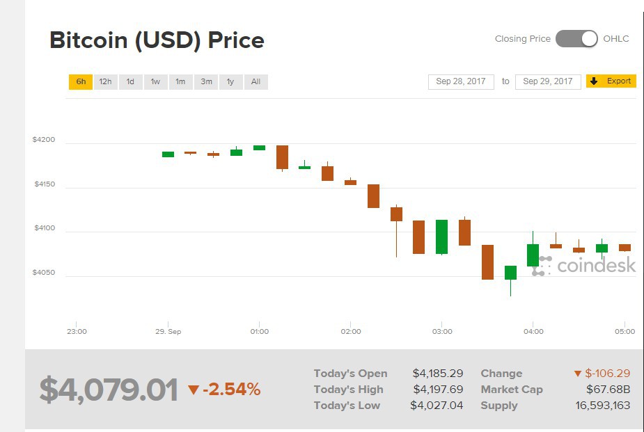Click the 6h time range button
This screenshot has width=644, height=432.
[81, 82]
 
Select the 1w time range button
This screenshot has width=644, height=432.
[155, 82]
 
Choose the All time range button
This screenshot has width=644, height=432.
[256, 82]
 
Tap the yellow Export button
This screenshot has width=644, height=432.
[611, 81]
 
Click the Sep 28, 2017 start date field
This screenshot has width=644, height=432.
[461, 82]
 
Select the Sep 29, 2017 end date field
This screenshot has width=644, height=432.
[548, 82]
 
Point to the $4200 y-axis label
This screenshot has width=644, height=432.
[43, 140]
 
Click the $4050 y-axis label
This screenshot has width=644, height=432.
[43, 273]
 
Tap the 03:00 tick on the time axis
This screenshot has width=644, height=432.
[442, 332]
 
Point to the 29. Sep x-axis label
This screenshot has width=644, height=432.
[168, 332]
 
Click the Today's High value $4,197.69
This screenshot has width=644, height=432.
[437, 390]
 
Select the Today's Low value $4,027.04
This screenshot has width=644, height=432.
[437, 406]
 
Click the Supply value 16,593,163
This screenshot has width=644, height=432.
[604, 406]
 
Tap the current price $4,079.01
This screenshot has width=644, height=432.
[109, 390]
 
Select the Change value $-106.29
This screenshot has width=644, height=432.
[602, 374]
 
